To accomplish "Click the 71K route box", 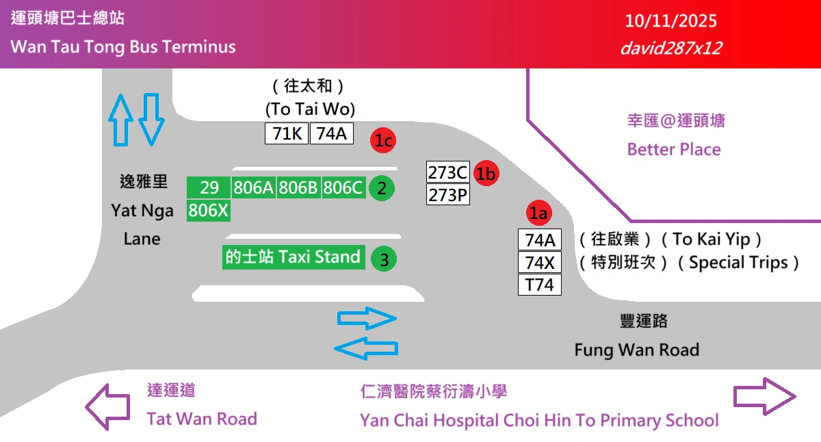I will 287,133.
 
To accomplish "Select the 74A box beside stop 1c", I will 332,133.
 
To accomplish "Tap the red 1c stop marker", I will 384,141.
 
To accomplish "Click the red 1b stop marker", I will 486,174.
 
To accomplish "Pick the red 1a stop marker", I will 539,213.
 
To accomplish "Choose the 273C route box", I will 447,172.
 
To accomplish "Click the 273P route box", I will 447,195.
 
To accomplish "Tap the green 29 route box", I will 209,187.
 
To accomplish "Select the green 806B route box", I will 298,187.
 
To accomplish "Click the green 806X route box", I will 209,211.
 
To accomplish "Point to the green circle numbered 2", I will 382,187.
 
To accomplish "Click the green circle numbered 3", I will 384,259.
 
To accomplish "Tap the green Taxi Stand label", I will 294,257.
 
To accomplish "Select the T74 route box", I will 539,285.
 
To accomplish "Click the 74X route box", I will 539,262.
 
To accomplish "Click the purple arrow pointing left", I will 107,406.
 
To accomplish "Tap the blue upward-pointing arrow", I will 122,119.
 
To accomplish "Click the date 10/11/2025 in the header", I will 671,21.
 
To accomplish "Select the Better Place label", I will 674,149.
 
